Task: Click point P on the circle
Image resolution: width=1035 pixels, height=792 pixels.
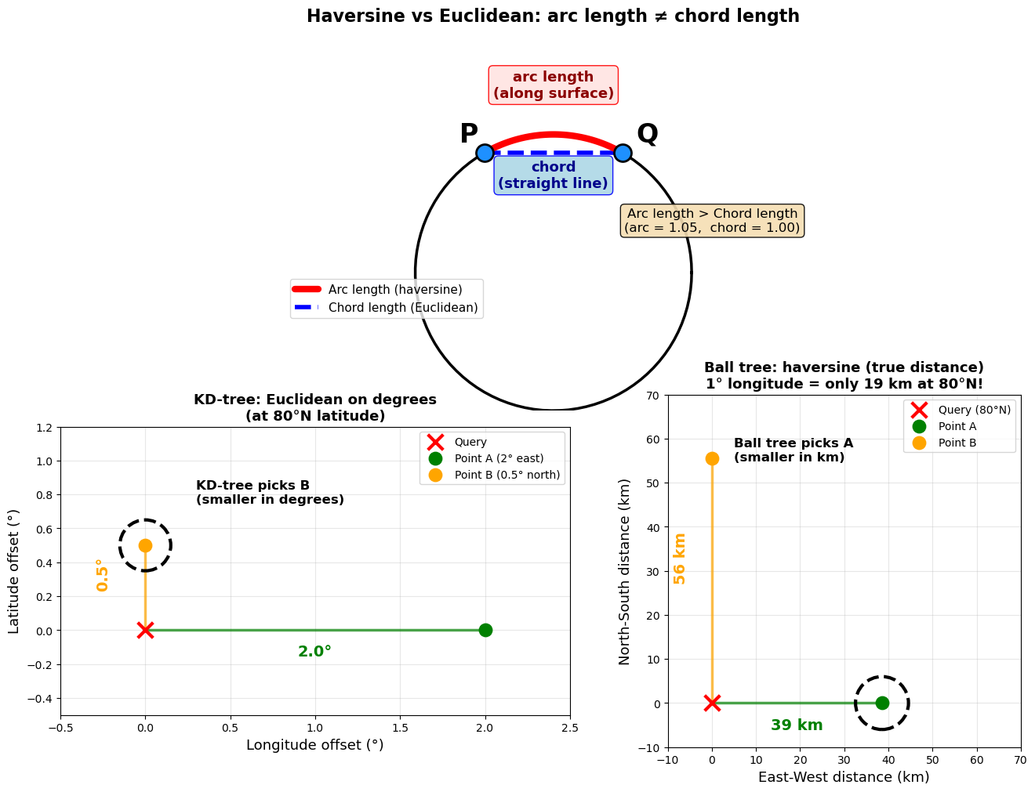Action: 485,153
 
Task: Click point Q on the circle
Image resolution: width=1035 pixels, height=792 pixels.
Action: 623,153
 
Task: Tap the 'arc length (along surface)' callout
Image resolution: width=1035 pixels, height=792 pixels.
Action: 554,85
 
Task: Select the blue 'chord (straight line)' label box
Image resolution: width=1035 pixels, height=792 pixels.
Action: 554,175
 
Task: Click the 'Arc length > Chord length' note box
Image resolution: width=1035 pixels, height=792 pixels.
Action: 712,221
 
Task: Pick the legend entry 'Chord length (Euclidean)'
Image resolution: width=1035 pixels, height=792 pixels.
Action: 402,308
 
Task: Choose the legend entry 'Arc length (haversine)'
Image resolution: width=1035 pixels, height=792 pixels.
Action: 394,290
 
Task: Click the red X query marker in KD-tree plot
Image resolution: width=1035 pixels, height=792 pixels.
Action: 145,630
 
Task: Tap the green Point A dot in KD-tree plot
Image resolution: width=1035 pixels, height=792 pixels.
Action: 485,630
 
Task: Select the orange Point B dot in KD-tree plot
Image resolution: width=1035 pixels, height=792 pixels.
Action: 145,545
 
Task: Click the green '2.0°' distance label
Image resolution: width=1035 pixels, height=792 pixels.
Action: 314,652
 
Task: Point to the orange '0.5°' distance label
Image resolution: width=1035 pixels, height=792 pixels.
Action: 102,575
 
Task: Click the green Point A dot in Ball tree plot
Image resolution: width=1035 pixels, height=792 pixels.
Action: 882,703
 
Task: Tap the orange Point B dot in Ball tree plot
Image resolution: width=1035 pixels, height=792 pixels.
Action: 712,458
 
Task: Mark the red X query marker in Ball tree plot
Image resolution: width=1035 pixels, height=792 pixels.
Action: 712,703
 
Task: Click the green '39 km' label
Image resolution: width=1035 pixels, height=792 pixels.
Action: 797,725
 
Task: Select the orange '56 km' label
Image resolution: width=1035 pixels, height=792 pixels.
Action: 680,559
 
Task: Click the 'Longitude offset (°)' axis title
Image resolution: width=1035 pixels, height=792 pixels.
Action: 315,745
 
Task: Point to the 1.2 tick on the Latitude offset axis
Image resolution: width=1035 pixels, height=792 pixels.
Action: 44,428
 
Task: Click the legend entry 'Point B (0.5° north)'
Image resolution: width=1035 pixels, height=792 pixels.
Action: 507,475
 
